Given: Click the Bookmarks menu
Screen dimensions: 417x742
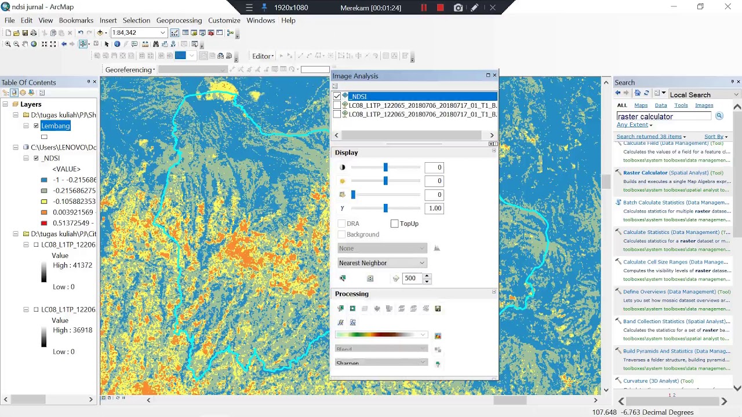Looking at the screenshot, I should tap(76, 20).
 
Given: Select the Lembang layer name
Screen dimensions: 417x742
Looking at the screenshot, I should tap(56, 126).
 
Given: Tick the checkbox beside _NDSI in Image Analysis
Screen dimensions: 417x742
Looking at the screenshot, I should tap(337, 96).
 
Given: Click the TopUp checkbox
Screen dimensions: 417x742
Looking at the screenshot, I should tap(395, 224).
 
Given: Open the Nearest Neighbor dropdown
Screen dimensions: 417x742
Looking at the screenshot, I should tap(382, 263).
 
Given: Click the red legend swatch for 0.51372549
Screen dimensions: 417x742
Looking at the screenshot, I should tap(44, 223).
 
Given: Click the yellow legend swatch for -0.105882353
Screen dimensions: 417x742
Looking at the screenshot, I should tap(44, 202).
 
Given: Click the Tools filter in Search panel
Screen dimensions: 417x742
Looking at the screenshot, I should tap(681, 105).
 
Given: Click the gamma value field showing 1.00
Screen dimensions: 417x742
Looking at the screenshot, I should tap(434, 209).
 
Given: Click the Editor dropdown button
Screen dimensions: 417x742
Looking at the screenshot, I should tap(263, 56).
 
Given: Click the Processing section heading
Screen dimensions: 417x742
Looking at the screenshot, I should tap(351, 294).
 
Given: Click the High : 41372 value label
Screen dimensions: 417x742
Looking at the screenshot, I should tap(72, 265).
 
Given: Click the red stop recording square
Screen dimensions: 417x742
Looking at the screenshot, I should tap(440, 8).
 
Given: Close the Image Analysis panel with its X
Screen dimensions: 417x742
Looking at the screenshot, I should tap(494, 75).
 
